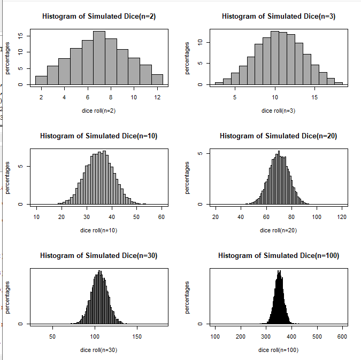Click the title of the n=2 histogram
click(x=99, y=17)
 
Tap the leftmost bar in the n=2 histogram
click(x=41, y=80)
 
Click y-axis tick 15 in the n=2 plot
click(x=21, y=36)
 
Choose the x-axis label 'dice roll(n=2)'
click(x=99, y=111)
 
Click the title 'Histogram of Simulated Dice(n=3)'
click(x=279, y=17)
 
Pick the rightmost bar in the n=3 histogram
click(x=339, y=83)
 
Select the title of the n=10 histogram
click(x=99, y=136)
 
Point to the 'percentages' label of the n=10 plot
click(x=8, y=178)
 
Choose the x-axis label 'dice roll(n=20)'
click(x=279, y=230)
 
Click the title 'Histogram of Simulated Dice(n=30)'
click(x=99, y=256)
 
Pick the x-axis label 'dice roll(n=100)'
click(x=279, y=350)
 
